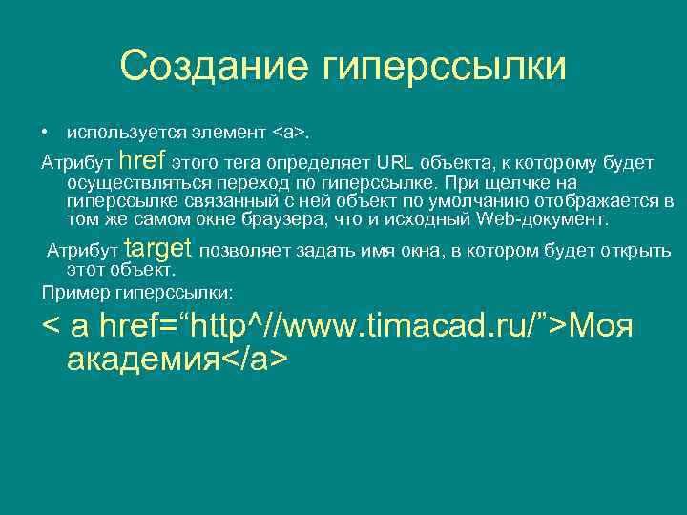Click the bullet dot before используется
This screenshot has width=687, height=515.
click(45, 129)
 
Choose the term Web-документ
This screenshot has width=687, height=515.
click(543, 219)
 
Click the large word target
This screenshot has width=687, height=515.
click(159, 250)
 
